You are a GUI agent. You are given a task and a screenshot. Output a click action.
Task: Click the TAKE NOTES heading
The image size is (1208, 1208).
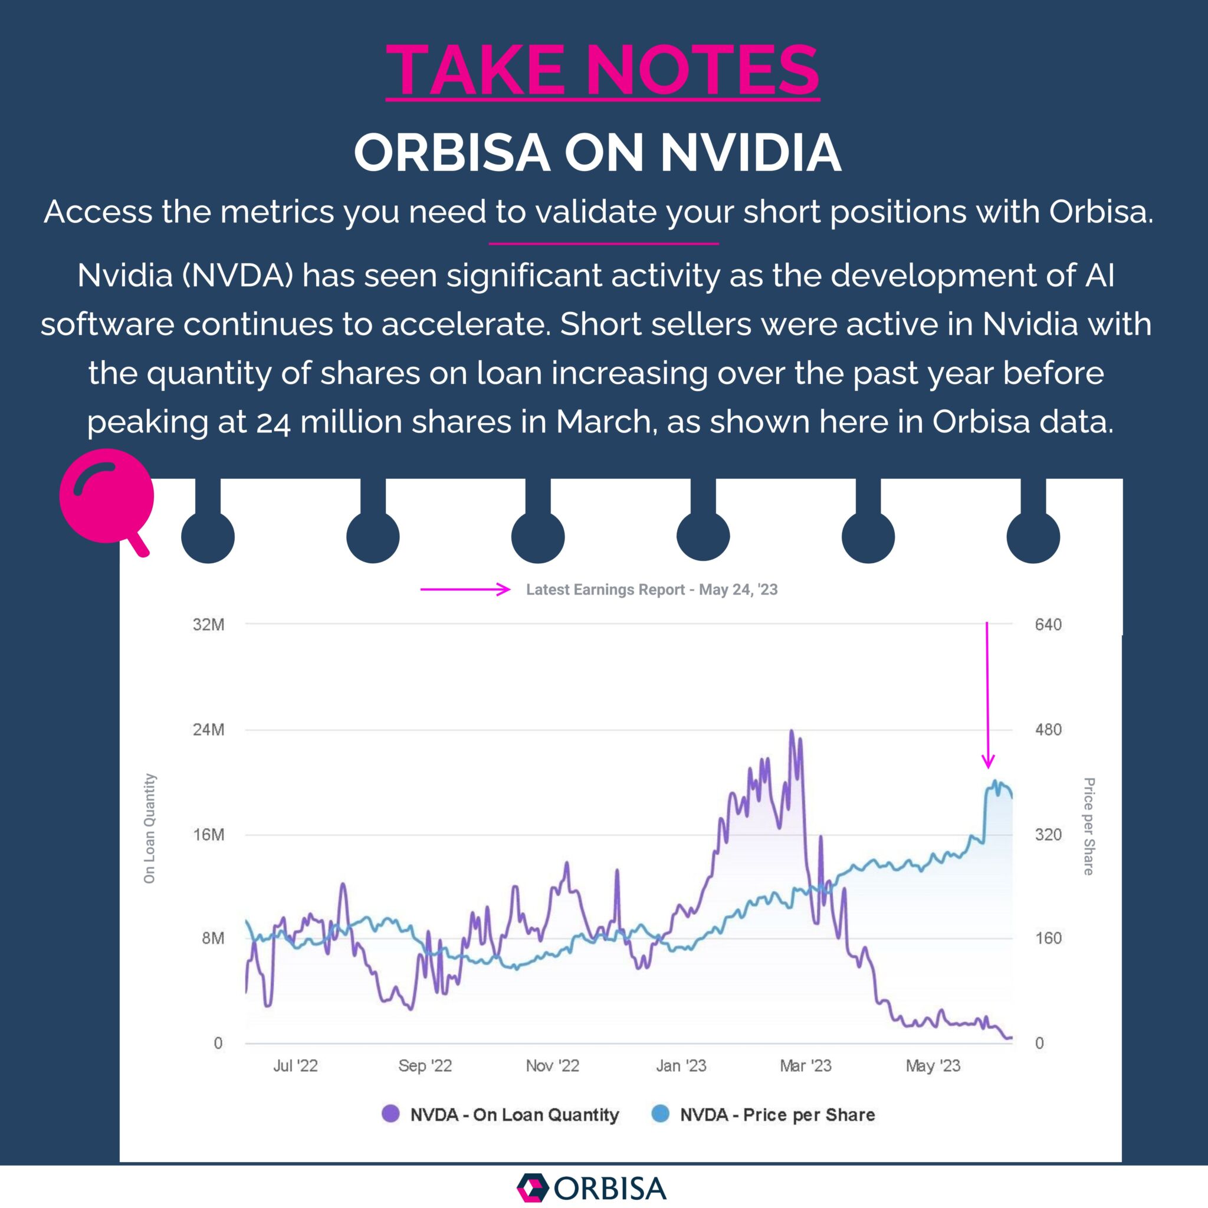coord(602,70)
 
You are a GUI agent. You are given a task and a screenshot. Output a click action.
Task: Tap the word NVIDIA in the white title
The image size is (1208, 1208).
coord(750,153)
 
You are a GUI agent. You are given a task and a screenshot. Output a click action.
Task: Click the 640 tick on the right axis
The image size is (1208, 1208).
coord(1048,625)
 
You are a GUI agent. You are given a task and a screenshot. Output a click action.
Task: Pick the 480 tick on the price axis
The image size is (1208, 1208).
coord(1048,730)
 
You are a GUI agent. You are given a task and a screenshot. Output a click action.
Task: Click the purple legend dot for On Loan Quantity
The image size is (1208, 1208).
coord(391,1114)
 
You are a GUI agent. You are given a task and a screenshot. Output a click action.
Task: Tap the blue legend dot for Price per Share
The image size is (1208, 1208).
coord(660,1114)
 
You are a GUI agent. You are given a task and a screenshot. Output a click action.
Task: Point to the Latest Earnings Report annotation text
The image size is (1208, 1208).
coord(652,590)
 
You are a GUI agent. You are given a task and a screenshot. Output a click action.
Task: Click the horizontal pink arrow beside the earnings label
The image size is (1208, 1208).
coord(465,589)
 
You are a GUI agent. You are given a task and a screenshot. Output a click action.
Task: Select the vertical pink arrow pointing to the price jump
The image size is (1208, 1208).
coord(987,694)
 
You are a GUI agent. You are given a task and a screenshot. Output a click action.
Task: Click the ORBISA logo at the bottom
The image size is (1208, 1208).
coord(592,1188)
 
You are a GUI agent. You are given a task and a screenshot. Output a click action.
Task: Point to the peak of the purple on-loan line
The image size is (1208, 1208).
coord(792,731)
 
